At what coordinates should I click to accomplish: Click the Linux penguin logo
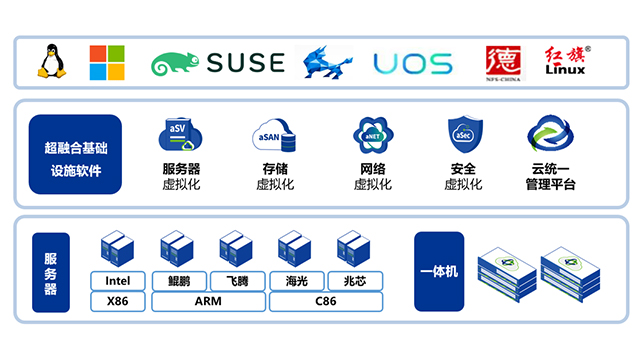(51, 61)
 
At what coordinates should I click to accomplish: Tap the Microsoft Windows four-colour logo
(107, 62)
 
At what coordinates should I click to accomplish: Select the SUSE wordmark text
(245, 64)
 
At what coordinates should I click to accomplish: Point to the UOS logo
(412, 64)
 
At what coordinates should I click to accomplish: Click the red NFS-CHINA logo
(500, 62)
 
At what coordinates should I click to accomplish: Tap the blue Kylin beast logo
(328, 62)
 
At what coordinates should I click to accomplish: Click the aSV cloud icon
(181, 135)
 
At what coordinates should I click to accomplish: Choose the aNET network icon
(372, 135)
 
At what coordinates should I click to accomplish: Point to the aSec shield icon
(463, 135)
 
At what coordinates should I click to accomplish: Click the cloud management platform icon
(549, 135)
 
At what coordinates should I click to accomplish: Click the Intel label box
(118, 280)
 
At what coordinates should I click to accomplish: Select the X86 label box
(118, 300)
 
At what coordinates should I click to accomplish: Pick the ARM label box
(208, 300)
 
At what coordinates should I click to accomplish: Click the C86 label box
(326, 300)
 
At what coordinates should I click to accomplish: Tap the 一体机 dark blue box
(439, 271)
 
